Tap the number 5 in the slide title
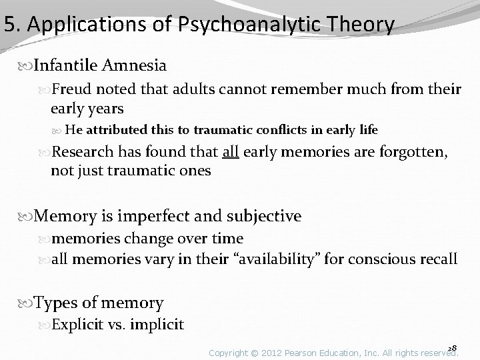9,25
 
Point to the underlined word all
231,151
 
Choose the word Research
85,151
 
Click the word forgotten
408,151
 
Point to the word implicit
158,325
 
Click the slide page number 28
453,347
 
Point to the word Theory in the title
357,25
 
